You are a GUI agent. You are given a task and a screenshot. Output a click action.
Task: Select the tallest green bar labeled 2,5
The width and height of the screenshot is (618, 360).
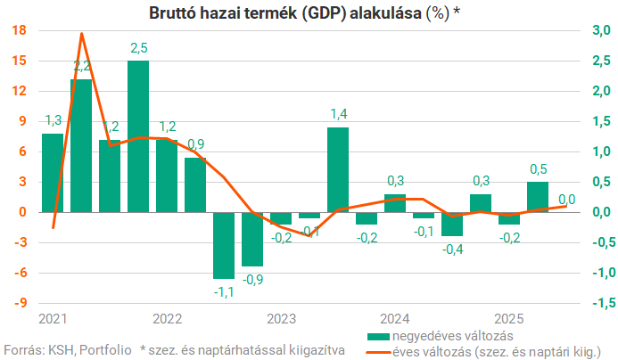coord(138,135)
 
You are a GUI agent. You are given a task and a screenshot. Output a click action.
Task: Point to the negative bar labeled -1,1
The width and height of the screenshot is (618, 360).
coord(223,245)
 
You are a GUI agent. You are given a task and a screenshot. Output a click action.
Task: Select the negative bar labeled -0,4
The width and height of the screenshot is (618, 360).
coord(452,224)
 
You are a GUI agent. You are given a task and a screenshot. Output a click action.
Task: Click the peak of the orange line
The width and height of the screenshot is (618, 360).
coord(82,34)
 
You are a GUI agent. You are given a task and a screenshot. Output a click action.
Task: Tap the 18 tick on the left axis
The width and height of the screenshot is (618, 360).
coord(19,30)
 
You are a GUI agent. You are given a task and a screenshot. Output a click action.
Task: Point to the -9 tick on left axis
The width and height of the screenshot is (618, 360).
coord(19,303)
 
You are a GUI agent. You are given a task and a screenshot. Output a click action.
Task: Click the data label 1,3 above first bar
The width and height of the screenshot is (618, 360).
coord(53,120)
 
